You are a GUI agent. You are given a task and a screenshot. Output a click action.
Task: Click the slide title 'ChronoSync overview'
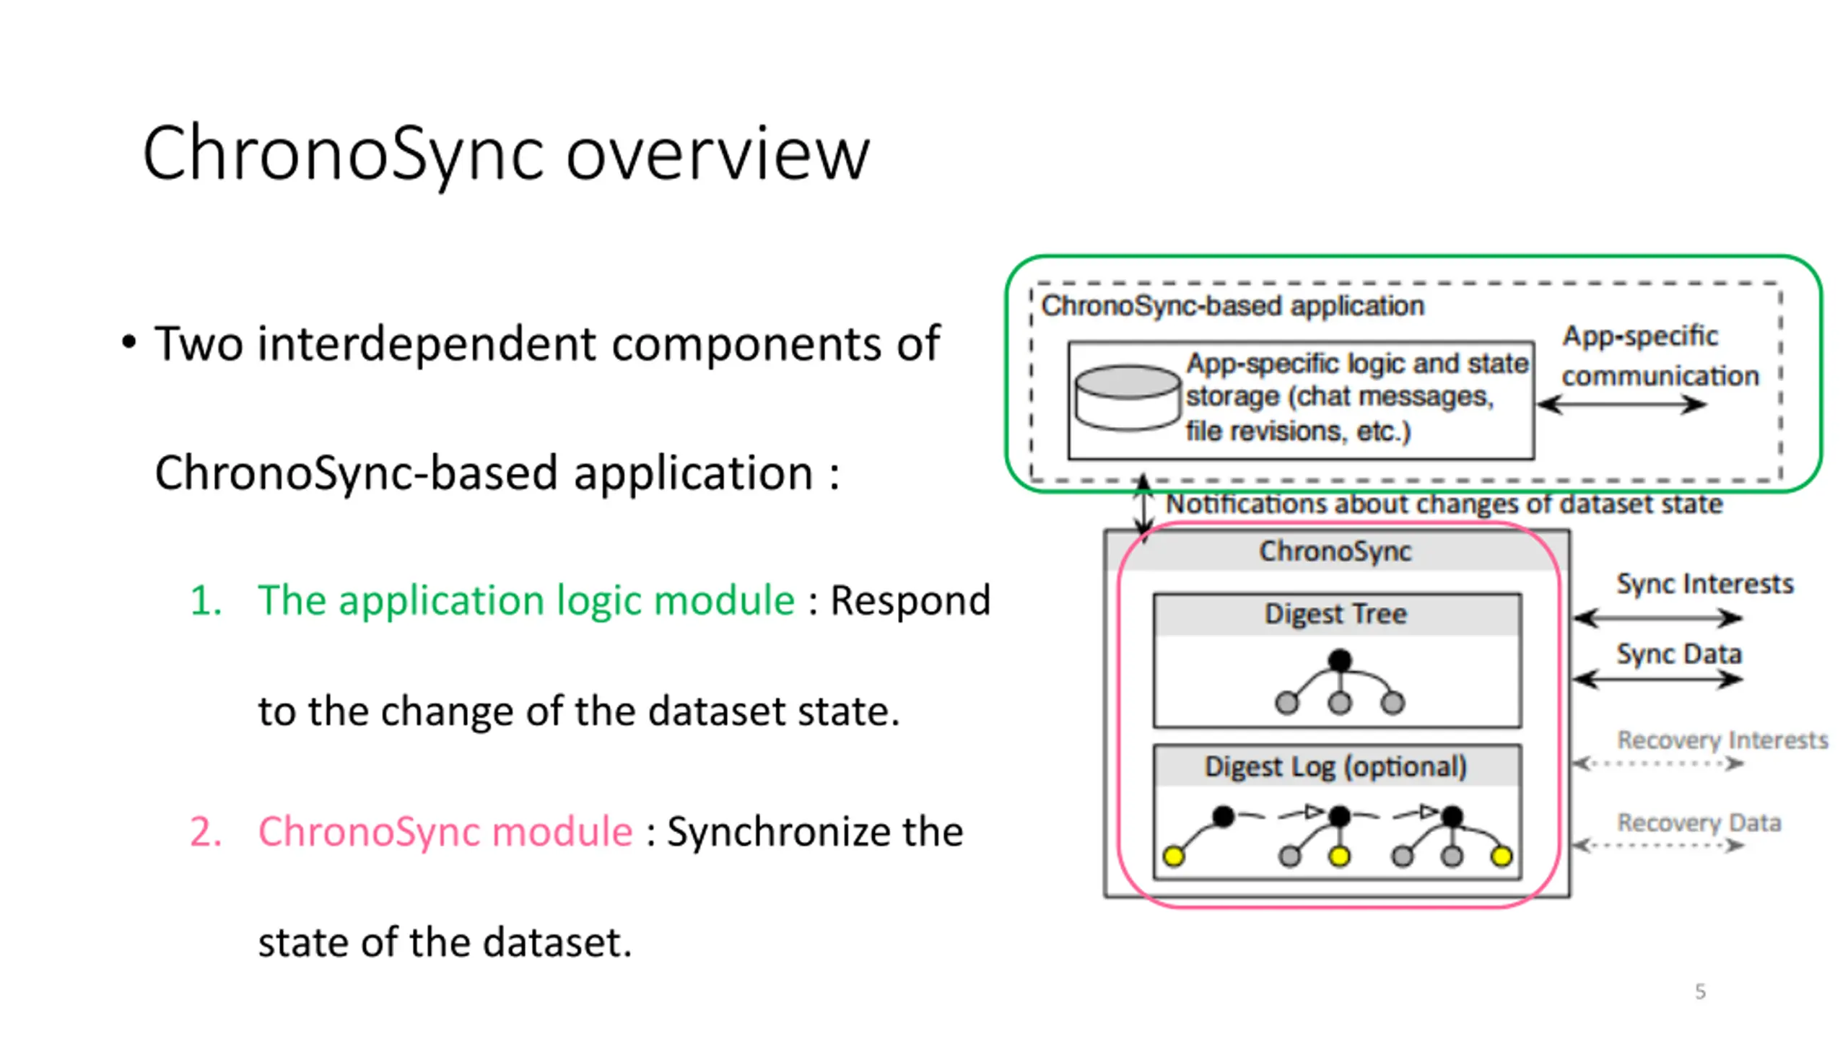point(506,154)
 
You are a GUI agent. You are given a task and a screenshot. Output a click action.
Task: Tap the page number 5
point(1700,991)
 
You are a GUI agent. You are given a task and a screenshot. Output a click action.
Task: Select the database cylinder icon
point(1127,398)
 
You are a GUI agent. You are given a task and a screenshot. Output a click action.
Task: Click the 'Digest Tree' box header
point(1336,614)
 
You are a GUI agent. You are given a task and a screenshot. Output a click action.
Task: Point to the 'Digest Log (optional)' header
point(1336,766)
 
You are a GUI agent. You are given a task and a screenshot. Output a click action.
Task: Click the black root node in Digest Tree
point(1340,659)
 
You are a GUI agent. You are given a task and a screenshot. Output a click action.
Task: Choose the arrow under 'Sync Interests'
point(1658,618)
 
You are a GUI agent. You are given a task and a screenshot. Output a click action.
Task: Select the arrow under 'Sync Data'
point(1658,679)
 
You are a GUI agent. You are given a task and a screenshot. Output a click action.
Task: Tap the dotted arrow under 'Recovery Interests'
point(1658,763)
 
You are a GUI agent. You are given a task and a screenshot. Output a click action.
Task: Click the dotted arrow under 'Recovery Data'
point(1658,845)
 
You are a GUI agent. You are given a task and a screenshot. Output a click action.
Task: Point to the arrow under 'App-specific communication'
point(1621,404)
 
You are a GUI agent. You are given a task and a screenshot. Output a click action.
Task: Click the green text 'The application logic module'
point(526,600)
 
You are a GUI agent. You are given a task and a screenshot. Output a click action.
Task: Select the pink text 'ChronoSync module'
point(445,831)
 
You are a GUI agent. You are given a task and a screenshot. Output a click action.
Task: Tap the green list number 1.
point(204,600)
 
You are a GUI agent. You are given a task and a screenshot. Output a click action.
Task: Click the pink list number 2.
point(205,831)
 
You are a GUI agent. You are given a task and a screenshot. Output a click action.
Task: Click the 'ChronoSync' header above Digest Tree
point(1335,551)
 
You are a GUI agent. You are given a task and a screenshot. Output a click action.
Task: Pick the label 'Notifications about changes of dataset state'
point(1444,504)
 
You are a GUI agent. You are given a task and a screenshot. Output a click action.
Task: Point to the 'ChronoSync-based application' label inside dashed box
point(1233,306)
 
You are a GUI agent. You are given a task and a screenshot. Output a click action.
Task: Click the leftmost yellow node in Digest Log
point(1174,856)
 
